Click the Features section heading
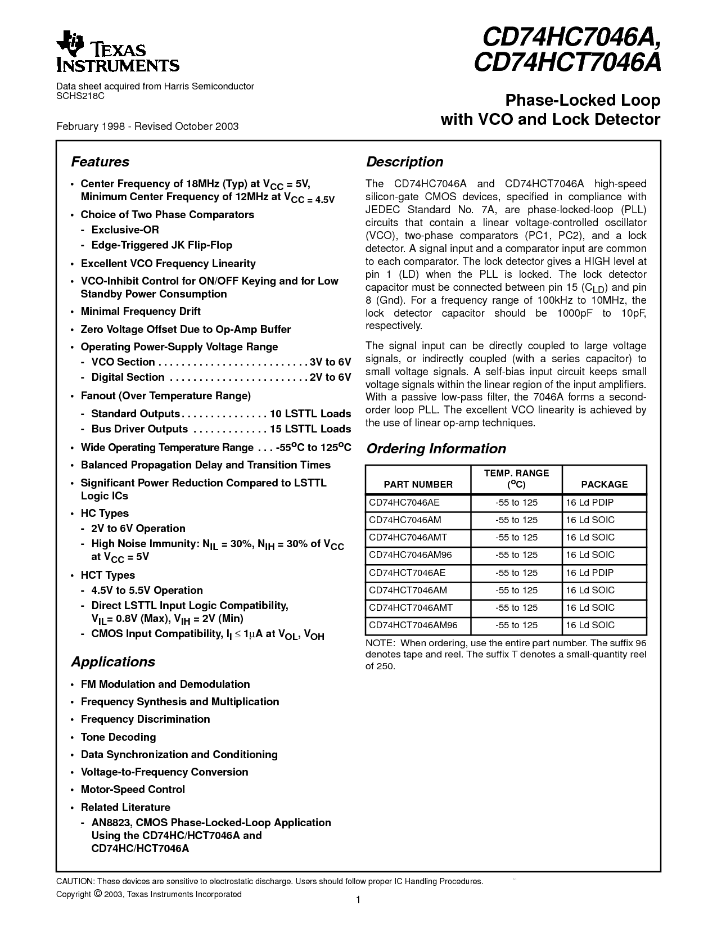pos(100,162)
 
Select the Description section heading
pos(404,162)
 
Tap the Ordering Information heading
pos(436,449)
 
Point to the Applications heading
pos(113,662)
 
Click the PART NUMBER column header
pos(418,484)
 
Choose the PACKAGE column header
pos(604,484)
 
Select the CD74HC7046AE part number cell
pos(403,502)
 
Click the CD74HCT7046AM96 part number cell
pos(413,625)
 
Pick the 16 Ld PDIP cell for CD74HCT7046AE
pos(589,573)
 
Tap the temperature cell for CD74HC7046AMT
pos(516,537)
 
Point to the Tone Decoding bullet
pos(118,737)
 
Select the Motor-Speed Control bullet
pos(133,790)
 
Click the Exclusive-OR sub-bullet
pos(125,229)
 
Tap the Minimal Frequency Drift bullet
pos(141,312)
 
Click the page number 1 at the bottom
pos(358,900)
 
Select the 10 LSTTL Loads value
pos(310,414)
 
